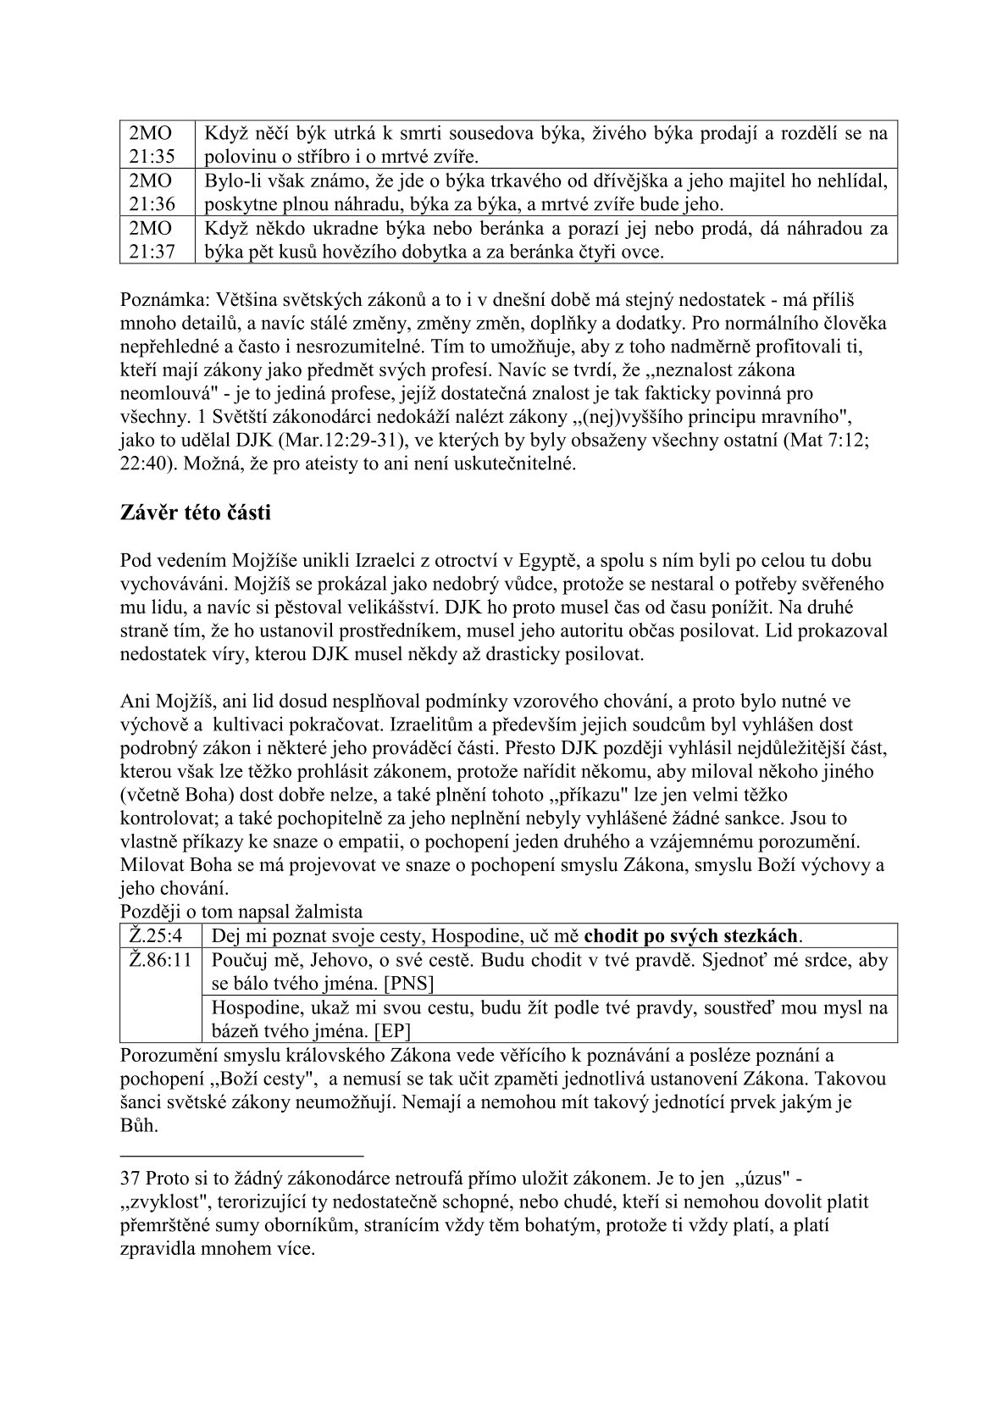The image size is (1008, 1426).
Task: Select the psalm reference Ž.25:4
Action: tap(157, 936)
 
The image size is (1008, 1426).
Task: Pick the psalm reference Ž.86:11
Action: tap(159, 961)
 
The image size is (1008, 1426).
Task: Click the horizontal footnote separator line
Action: tap(241, 1155)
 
